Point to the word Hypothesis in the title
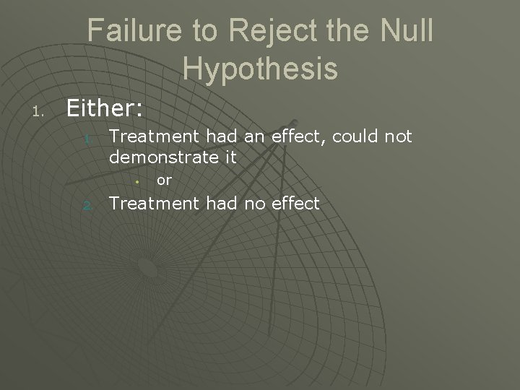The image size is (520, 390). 260,69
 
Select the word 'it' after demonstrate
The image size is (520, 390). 230,156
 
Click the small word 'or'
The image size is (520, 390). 164,181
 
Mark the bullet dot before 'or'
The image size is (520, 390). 138,181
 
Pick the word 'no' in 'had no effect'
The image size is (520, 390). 254,204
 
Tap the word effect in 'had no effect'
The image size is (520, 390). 295,204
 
